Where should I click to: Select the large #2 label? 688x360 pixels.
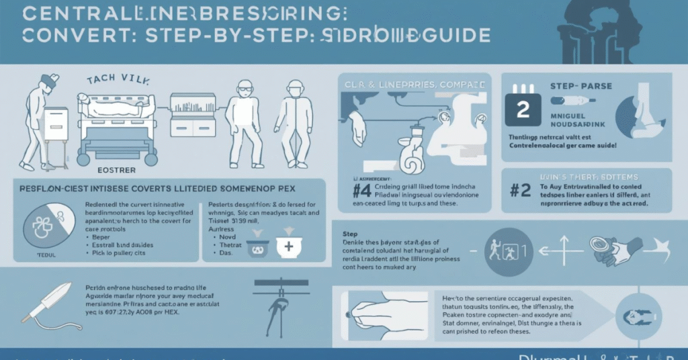point(520,190)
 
